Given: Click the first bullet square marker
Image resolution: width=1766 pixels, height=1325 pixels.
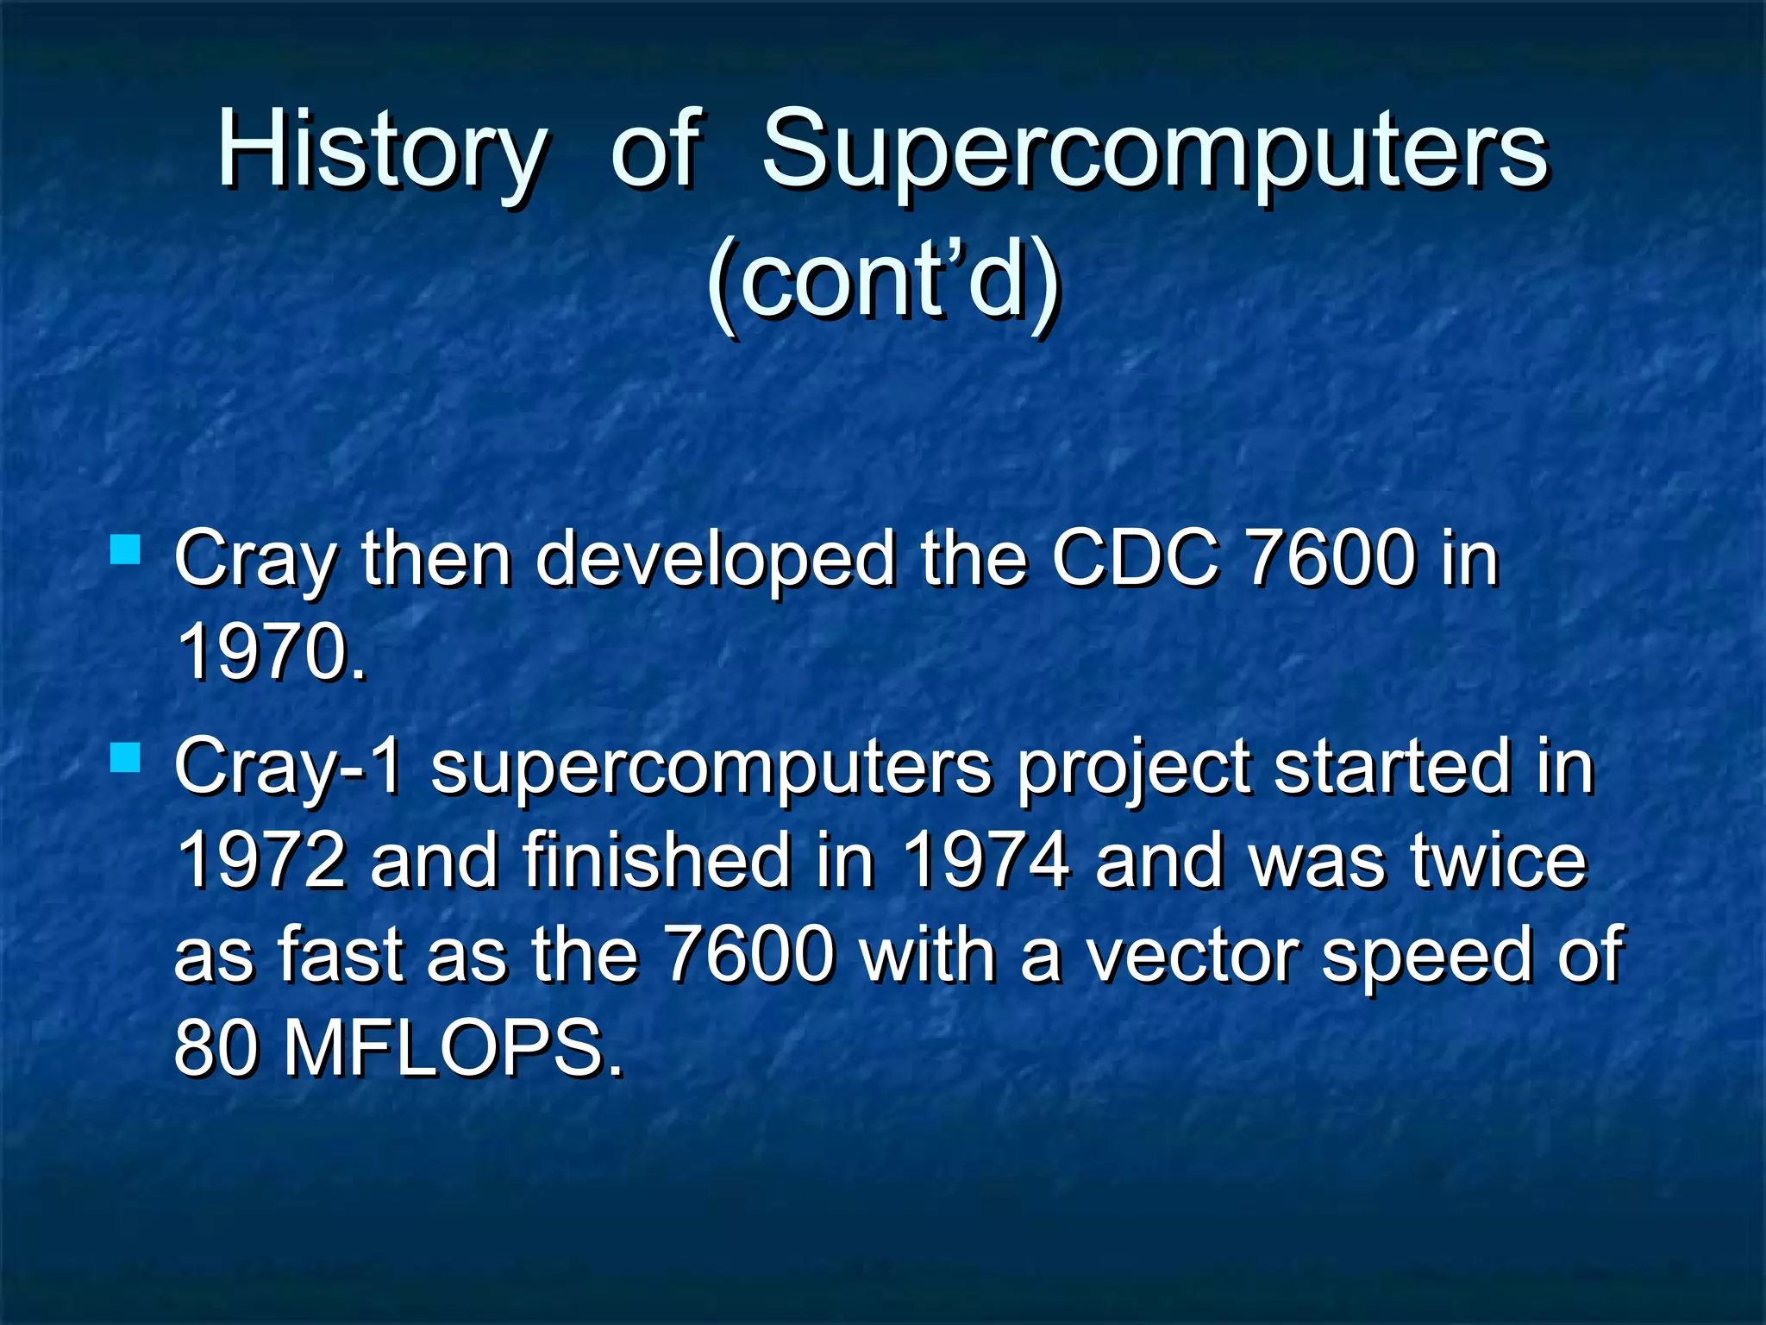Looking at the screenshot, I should point(126,549).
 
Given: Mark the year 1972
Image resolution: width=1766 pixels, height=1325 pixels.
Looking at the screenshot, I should point(261,860).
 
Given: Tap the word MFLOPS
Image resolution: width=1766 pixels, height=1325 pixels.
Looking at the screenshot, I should point(452,1049).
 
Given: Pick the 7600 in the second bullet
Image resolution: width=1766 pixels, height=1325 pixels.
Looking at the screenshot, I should point(750,955).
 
